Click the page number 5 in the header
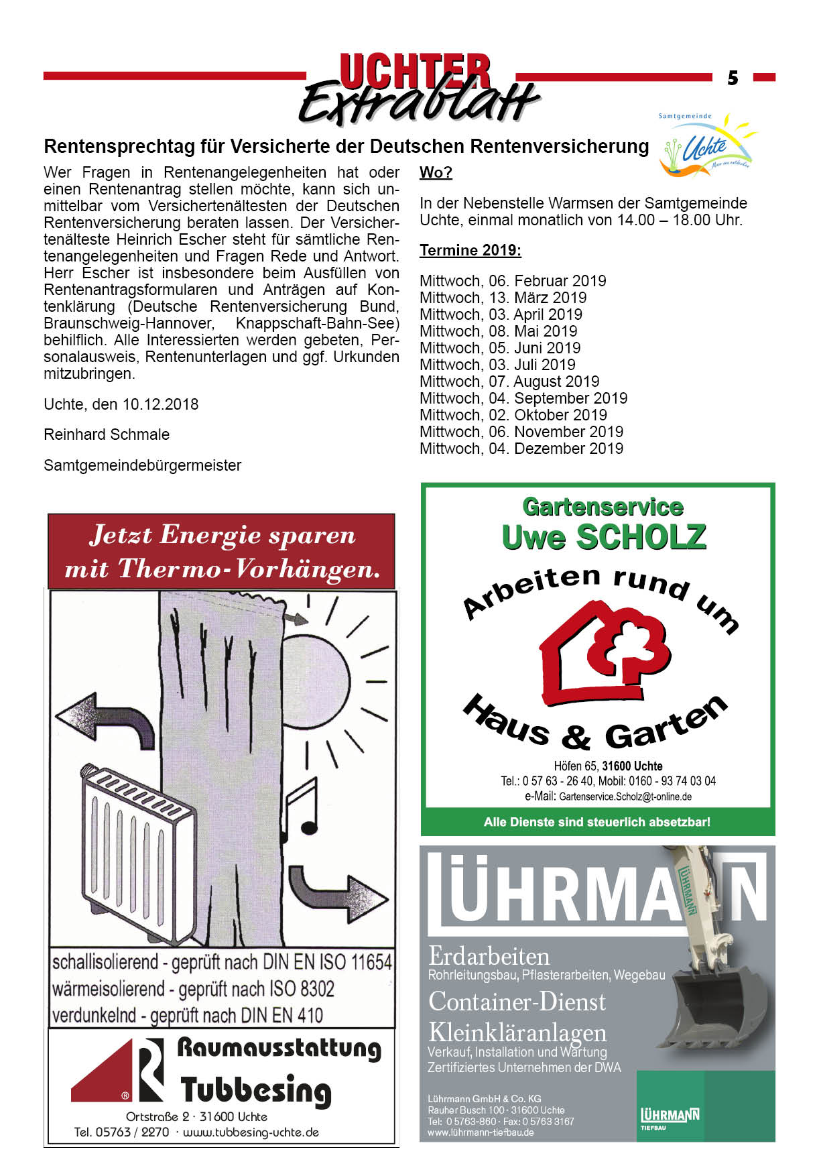pos(733,78)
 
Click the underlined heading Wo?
pos(436,172)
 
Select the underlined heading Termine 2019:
pos(470,251)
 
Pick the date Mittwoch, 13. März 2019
pos(503,298)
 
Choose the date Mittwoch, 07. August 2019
pos(509,381)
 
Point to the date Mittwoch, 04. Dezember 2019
pos(521,449)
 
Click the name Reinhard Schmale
pos(107,434)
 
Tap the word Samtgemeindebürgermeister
pos(142,465)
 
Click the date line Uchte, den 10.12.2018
pos(121,404)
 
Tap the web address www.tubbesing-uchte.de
pos(250,1132)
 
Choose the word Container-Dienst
pos(517,1001)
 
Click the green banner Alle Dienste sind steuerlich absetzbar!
pos(596,822)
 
